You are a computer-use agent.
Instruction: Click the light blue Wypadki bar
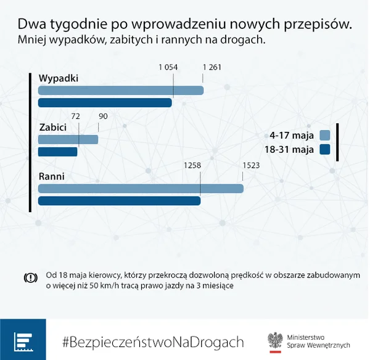click(x=121, y=91)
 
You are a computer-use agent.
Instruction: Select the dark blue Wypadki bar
click(x=105, y=103)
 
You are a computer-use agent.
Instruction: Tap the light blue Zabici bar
click(x=68, y=140)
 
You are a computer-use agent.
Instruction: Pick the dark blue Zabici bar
click(x=57, y=152)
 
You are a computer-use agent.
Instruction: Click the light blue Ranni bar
click(x=141, y=189)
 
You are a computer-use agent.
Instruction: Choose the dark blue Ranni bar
click(x=119, y=201)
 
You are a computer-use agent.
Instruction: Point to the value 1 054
click(x=168, y=67)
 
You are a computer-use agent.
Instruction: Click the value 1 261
click(x=212, y=67)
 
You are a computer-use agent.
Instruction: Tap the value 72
click(x=75, y=117)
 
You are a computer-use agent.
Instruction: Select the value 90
click(x=103, y=117)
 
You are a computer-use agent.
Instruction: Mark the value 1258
click(x=192, y=165)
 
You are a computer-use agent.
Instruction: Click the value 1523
click(x=251, y=165)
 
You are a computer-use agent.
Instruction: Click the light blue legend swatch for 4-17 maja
click(x=325, y=136)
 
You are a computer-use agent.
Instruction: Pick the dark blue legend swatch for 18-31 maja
click(x=325, y=150)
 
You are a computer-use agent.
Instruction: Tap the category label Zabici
click(x=53, y=128)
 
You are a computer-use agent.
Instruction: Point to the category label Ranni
click(x=52, y=176)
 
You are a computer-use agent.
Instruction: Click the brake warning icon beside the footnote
click(x=31, y=278)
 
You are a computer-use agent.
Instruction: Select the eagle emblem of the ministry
click(x=275, y=340)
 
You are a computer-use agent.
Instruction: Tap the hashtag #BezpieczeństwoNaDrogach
click(x=153, y=342)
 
